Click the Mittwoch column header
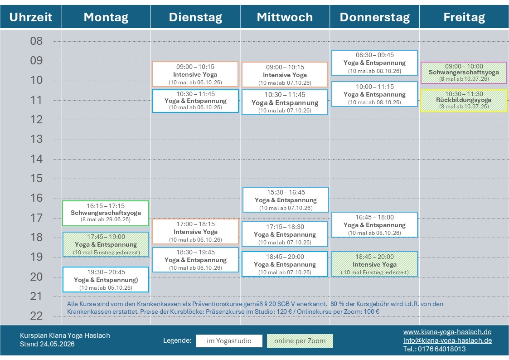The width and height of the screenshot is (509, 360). tap(285, 17)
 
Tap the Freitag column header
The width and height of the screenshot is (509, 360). tap(464, 17)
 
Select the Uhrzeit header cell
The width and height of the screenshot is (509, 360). tap(30, 17)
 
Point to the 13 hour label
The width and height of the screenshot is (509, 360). tap(36, 139)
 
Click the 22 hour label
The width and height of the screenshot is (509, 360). tap(36, 316)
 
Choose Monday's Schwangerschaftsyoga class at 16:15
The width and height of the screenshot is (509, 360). tap(106, 213)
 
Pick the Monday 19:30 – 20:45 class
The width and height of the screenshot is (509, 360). tap(106, 279)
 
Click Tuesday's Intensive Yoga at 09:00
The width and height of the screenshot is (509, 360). tap(195, 74)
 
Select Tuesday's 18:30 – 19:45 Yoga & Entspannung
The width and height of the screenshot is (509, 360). tap(195, 260)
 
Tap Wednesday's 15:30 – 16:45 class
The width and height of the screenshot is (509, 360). tap(286, 199)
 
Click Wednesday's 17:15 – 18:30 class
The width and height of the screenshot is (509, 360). tap(285, 234)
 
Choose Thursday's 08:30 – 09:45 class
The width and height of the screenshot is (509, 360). tap(374, 63)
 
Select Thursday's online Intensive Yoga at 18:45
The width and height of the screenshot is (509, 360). tap(374, 264)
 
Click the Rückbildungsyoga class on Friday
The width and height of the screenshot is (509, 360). tap(464, 101)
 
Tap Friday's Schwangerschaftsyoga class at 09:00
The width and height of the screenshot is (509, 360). tap(464, 73)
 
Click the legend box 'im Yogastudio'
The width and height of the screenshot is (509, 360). tap(229, 341)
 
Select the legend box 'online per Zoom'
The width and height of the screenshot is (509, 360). tap(300, 341)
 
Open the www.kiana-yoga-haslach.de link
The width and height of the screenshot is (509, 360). tap(447, 332)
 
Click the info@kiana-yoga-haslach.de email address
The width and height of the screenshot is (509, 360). tap(448, 340)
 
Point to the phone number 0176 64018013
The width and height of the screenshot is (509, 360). tap(442, 349)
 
